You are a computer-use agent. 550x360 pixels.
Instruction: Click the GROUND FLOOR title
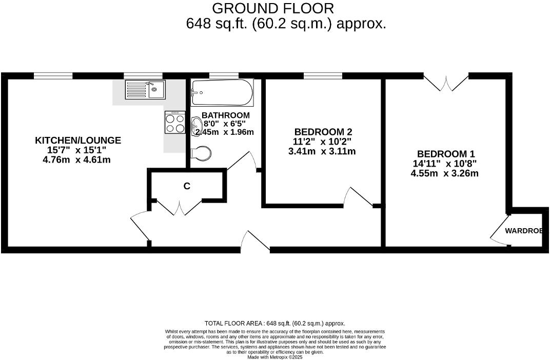click(272, 8)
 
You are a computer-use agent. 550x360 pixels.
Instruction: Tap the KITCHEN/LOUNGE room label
click(78, 140)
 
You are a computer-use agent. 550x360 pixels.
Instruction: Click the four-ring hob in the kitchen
click(175, 123)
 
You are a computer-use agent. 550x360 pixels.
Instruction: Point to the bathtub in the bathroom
click(222, 93)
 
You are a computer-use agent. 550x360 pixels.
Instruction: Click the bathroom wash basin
click(195, 124)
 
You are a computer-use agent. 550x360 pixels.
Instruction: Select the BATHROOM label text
click(226, 115)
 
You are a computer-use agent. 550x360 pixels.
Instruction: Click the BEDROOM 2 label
click(322, 132)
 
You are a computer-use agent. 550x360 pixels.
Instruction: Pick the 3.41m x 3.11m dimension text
click(322, 151)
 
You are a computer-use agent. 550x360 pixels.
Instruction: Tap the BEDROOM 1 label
click(445, 154)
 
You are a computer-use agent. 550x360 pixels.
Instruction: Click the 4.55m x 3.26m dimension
click(444, 173)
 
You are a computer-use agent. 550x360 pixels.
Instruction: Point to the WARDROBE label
click(523, 231)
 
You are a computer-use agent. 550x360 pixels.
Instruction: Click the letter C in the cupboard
click(187, 186)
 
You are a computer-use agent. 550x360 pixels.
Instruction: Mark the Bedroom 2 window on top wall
click(323, 76)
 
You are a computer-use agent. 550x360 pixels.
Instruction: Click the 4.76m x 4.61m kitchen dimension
click(77, 159)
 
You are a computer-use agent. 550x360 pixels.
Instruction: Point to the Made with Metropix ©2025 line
click(275, 357)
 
